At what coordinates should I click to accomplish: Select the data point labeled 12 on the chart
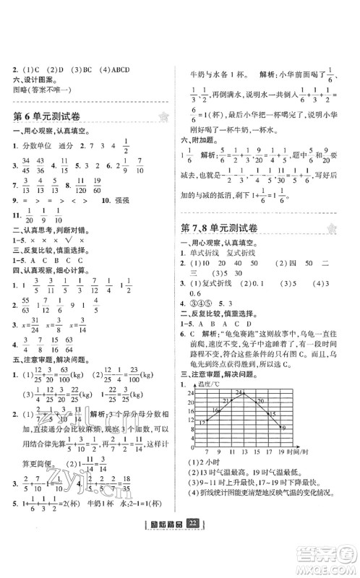(206, 420)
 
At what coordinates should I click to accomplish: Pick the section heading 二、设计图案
(31, 79)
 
